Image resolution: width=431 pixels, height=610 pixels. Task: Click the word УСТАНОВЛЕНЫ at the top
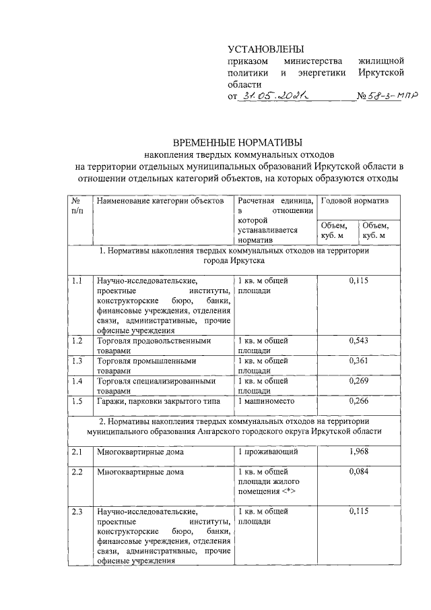[x=266, y=49]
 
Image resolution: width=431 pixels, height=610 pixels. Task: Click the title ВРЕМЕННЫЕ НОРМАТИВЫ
[x=238, y=142]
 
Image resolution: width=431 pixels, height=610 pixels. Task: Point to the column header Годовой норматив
[x=353, y=202]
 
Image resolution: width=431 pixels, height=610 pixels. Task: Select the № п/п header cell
[x=77, y=206]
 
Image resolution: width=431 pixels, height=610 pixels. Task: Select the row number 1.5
[x=77, y=402]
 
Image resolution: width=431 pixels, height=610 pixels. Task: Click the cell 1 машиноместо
[x=265, y=402]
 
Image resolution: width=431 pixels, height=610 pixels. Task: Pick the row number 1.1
[x=77, y=280]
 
